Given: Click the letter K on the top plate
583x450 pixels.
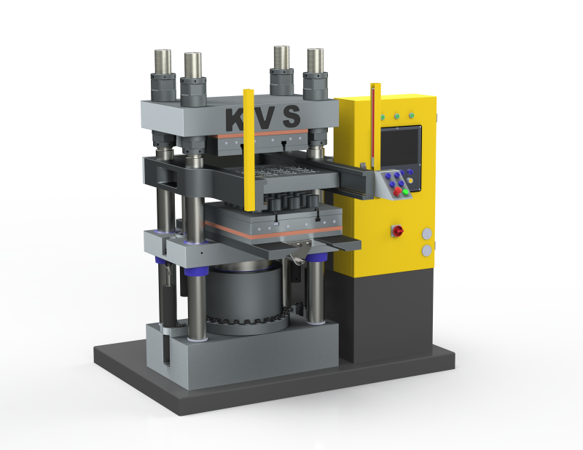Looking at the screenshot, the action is click(235, 119).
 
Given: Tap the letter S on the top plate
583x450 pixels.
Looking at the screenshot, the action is click(291, 116).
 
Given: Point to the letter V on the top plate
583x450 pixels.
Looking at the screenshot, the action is click(264, 118).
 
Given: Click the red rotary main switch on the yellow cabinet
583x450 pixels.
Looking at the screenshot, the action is click(397, 231).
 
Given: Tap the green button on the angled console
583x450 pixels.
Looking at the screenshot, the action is click(406, 192).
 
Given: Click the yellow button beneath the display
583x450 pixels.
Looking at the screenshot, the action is click(410, 181).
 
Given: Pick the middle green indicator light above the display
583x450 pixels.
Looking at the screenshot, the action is click(397, 117).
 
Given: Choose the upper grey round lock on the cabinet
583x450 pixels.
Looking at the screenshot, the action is click(427, 234).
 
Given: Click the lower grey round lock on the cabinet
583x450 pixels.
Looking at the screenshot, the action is click(427, 250).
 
